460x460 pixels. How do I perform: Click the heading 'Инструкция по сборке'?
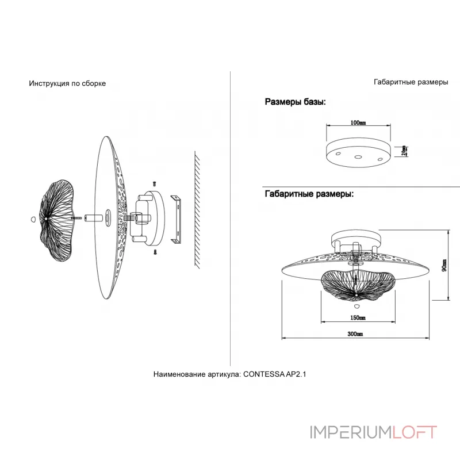point(67,83)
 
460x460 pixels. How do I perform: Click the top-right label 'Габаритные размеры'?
point(411,82)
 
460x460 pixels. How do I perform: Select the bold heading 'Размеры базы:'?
point(295,102)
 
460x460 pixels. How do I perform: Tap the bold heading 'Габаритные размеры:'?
point(309,194)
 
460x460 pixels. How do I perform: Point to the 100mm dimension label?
point(358,123)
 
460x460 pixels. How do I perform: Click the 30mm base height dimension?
point(405,150)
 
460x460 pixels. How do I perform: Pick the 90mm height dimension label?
point(444,265)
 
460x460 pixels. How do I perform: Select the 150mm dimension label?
point(358,317)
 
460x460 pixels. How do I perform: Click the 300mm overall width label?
point(355,334)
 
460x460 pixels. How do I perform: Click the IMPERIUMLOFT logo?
point(373,432)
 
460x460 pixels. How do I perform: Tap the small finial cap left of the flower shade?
point(31,218)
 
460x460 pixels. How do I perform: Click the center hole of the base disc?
point(357,156)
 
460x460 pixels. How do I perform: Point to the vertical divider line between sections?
point(230,218)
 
